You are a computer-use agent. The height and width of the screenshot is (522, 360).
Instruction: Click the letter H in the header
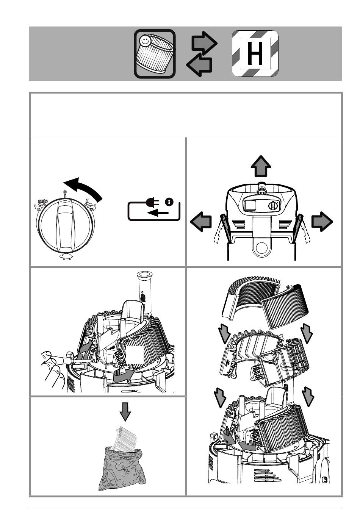point(255,53)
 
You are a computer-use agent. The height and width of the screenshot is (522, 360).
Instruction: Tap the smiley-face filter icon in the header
point(155,53)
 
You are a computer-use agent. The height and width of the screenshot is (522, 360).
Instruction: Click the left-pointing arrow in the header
point(200,66)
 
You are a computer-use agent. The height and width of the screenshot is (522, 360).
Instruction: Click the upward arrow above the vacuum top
point(261,166)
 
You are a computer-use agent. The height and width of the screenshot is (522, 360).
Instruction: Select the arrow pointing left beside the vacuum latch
point(201,222)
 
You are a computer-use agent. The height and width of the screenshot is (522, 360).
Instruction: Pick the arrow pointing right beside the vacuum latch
point(322,222)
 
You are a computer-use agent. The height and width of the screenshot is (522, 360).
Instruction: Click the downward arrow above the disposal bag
point(125,411)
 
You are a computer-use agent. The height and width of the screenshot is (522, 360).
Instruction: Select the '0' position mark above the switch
point(65,193)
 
